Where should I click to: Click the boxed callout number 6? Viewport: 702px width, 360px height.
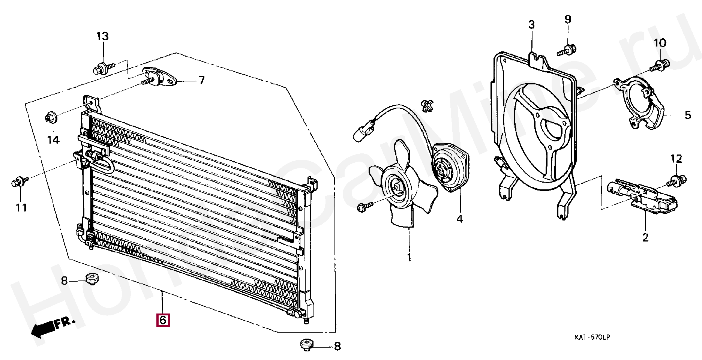pos(163,321)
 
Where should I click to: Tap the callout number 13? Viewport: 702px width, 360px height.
pos(102,36)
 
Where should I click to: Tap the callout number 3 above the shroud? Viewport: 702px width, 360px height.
pos(531,25)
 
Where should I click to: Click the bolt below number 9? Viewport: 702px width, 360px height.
pos(567,50)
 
